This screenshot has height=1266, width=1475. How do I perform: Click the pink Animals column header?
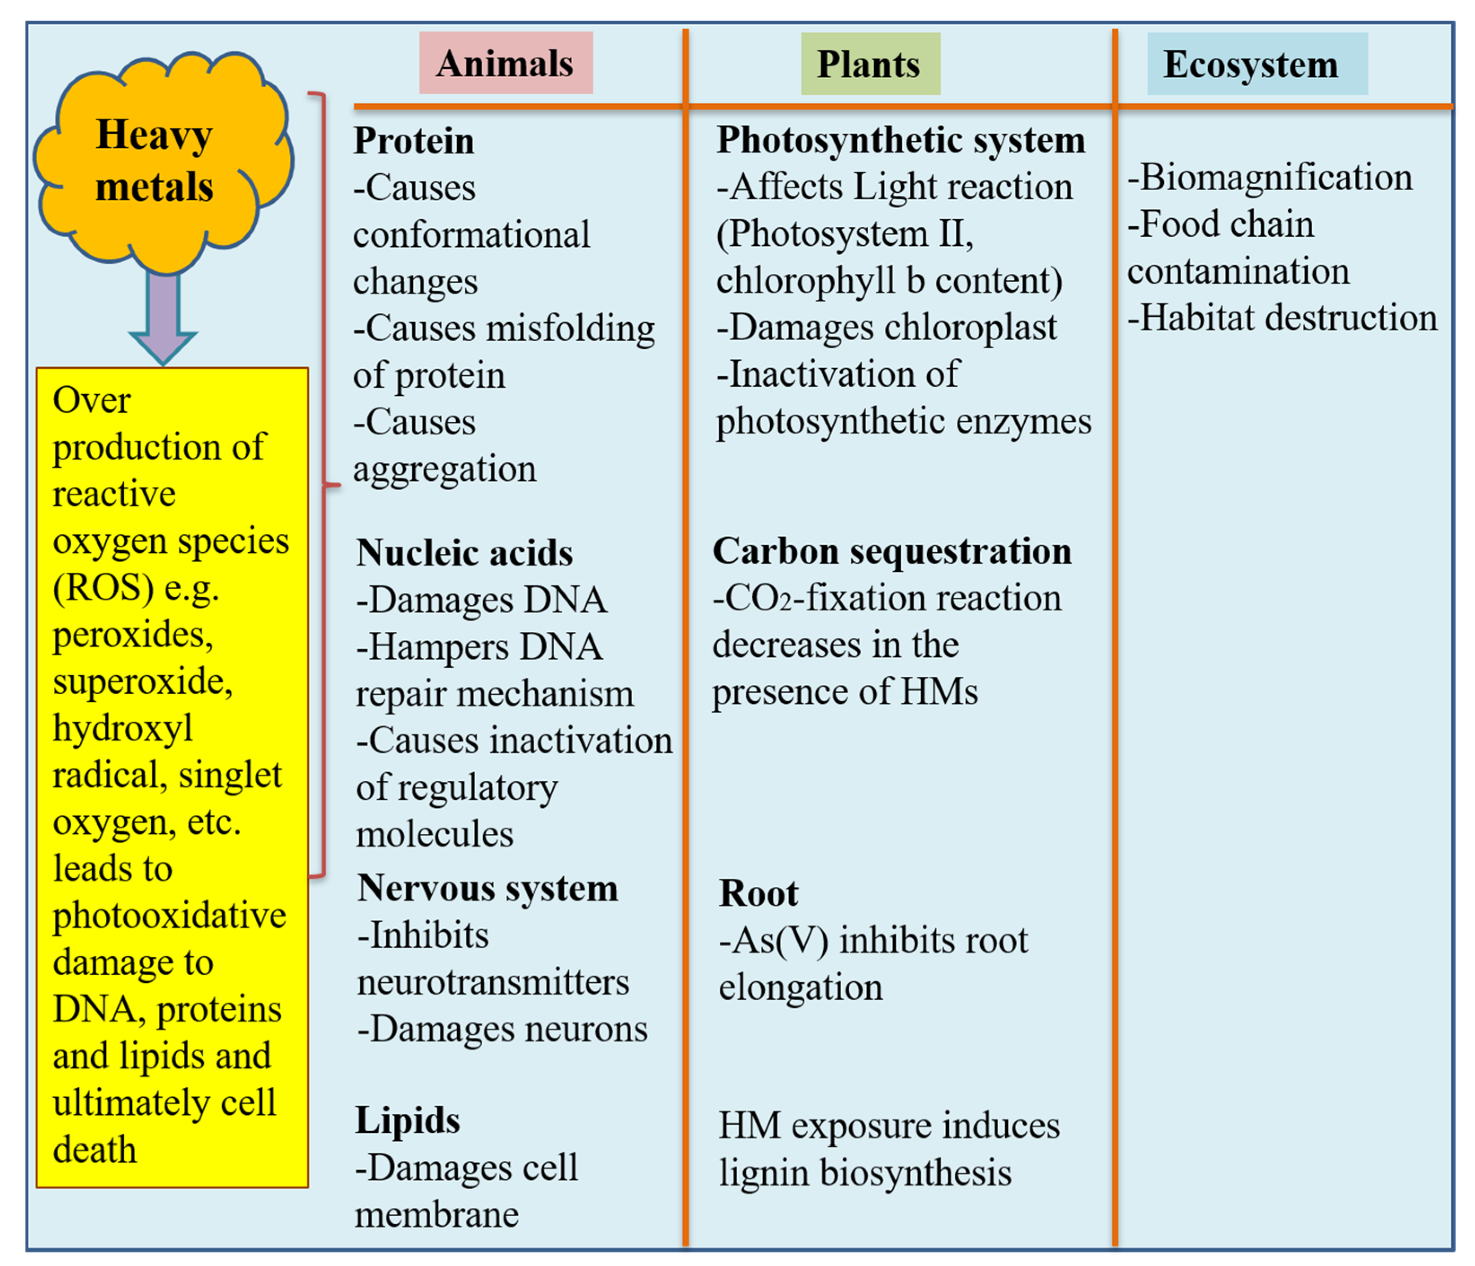point(506,63)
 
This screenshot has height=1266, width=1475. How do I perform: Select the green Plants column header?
point(869,64)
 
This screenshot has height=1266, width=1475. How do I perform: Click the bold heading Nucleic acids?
point(464,552)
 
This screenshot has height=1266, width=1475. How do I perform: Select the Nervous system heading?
point(488,888)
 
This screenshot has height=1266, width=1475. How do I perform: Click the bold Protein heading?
point(414,140)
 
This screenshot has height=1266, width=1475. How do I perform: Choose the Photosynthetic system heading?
point(900,140)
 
